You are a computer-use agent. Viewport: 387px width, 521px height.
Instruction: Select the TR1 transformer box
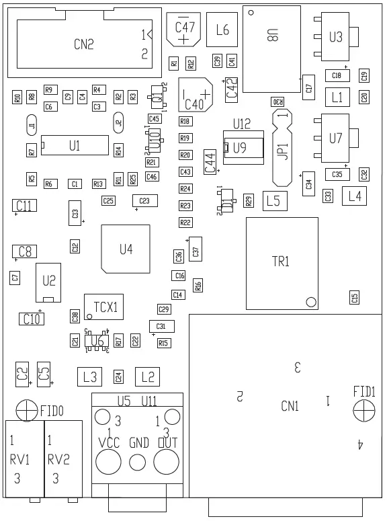click(x=282, y=262)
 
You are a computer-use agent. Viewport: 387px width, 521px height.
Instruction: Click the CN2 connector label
click(x=83, y=45)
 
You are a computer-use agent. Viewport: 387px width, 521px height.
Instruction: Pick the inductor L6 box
click(x=222, y=30)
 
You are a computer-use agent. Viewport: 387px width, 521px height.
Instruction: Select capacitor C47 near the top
click(x=184, y=30)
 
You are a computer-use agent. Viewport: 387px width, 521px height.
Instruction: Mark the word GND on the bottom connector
click(x=138, y=443)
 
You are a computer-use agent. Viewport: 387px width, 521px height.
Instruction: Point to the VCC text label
click(x=109, y=443)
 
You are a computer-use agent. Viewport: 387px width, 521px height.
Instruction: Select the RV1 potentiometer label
click(x=20, y=460)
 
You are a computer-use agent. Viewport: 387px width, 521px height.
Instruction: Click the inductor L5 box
click(x=272, y=200)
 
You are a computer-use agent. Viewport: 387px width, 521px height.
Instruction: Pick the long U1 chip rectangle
click(x=74, y=145)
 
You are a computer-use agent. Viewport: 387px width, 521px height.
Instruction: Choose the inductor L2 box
click(x=148, y=376)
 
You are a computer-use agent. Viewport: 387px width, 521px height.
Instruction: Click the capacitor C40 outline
click(x=195, y=95)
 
